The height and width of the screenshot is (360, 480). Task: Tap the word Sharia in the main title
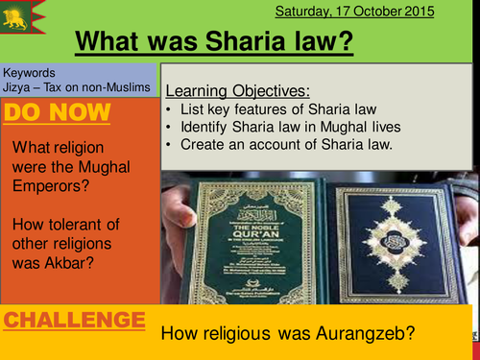[x=244, y=43]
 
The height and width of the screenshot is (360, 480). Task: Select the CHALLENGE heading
[x=74, y=321]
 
